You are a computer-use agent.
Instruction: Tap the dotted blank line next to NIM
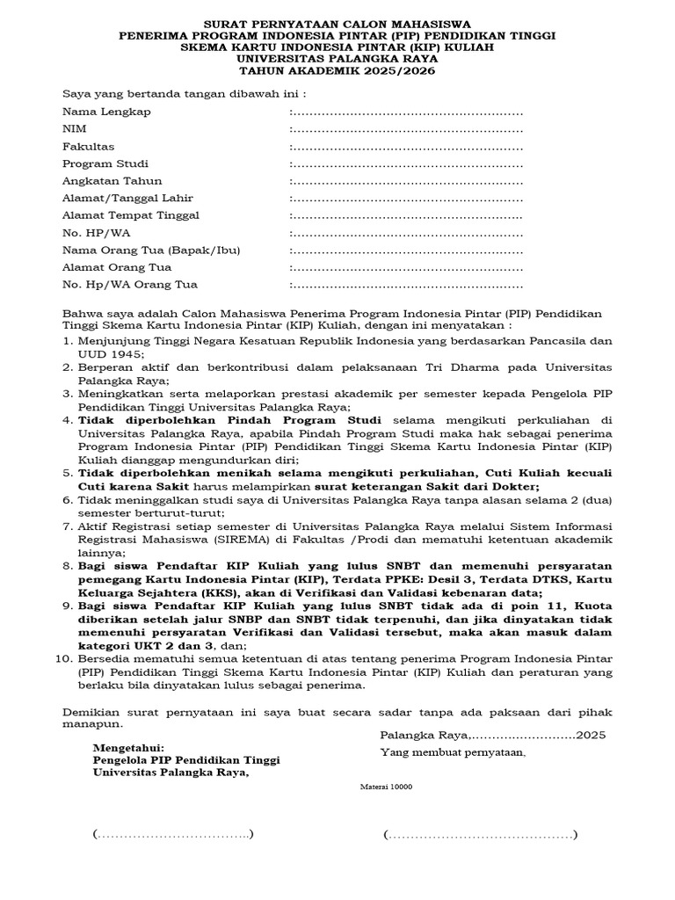coord(406,129)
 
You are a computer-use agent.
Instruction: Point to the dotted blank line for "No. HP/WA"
coord(406,233)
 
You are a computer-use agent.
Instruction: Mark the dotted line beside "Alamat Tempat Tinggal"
coord(406,215)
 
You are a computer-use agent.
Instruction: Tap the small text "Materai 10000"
coord(387,787)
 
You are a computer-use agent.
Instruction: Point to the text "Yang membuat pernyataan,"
coord(453,752)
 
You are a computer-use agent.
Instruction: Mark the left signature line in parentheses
coord(173,833)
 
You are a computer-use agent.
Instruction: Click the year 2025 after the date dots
coord(592,735)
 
